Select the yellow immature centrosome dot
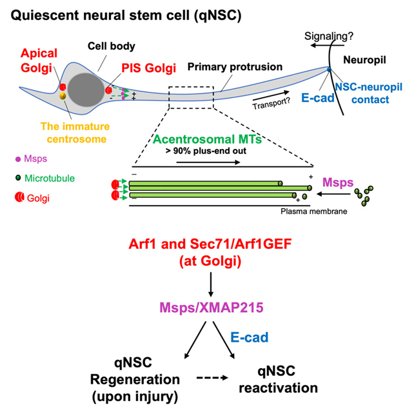[63, 96]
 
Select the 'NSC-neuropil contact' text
[367, 94]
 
